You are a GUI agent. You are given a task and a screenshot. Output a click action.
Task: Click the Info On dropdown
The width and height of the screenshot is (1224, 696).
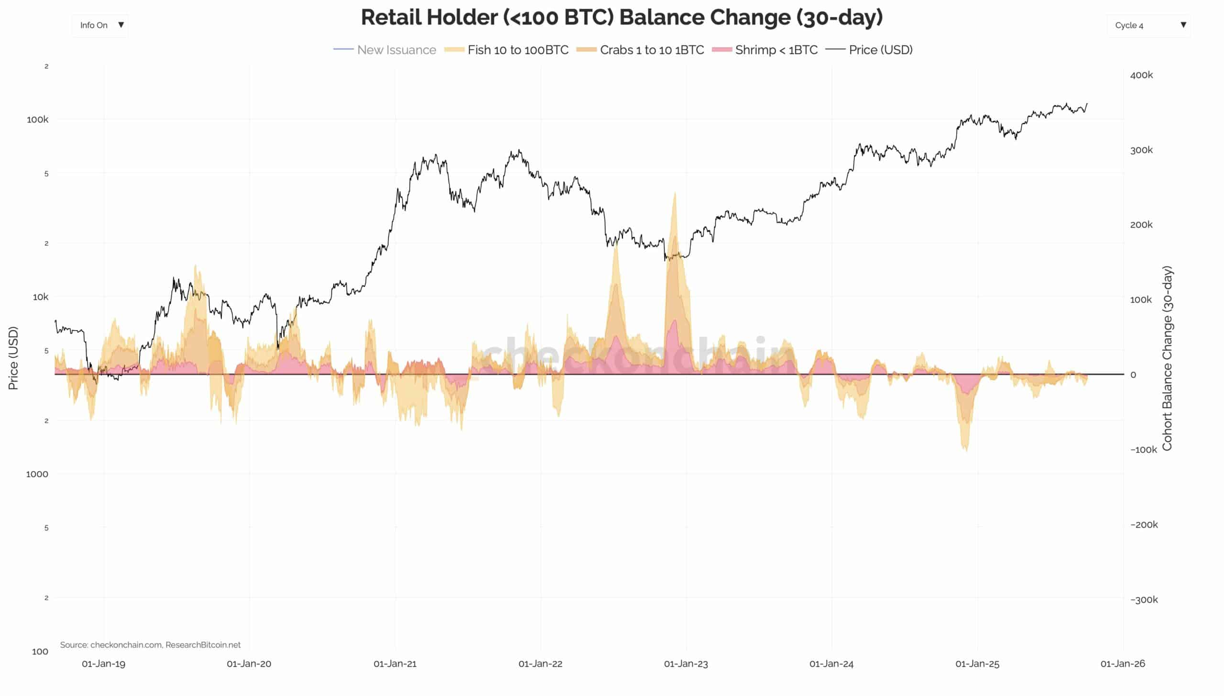(100, 25)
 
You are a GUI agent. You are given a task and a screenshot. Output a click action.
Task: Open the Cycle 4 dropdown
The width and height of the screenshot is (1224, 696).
(1148, 25)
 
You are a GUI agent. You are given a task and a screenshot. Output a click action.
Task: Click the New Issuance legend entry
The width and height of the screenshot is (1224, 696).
(385, 50)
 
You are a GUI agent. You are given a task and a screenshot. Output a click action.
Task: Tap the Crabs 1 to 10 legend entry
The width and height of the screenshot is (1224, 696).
(640, 50)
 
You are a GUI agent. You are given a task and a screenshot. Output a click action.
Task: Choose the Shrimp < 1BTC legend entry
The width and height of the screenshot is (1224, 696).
(765, 50)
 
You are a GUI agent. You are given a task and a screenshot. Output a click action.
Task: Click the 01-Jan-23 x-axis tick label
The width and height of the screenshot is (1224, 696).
(686, 664)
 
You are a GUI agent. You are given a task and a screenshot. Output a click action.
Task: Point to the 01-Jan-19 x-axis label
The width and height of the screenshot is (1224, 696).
(103, 664)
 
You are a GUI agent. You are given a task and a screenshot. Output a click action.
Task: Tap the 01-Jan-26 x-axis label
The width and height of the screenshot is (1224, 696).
(1123, 664)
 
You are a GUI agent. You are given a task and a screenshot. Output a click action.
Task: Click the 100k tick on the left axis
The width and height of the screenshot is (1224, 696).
(37, 120)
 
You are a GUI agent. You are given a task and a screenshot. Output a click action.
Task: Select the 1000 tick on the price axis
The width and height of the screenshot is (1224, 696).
(37, 474)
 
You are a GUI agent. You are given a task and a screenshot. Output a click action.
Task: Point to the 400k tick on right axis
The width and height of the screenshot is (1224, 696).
(1141, 75)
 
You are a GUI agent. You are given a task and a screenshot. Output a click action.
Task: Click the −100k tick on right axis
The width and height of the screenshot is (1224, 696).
(1143, 450)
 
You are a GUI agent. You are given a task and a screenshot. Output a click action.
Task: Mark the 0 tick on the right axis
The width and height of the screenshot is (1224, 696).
(1133, 375)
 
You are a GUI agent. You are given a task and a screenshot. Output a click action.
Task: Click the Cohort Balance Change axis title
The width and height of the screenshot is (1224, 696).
(1167, 359)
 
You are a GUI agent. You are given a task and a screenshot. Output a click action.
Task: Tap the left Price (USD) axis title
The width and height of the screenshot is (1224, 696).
(13, 359)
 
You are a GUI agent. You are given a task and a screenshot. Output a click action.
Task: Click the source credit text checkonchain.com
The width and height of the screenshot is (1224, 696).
(126, 645)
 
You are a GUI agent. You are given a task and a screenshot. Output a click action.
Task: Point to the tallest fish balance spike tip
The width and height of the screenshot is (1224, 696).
(675, 193)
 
